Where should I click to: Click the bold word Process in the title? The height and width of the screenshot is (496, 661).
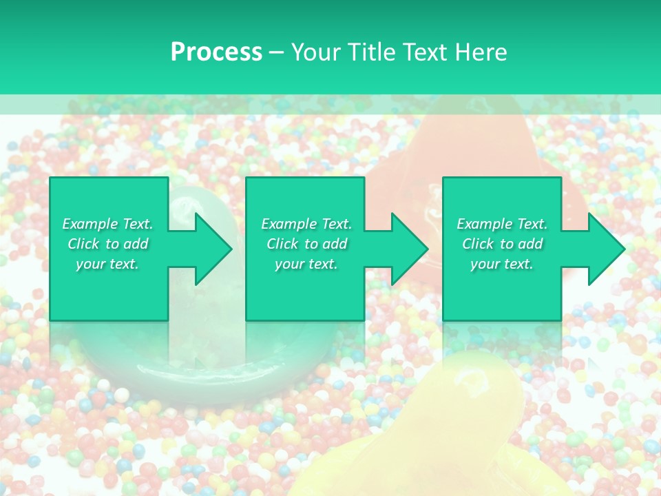tap(216, 52)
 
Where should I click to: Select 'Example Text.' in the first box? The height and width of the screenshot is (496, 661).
tap(107, 224)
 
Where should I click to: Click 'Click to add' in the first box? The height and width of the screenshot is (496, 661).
tap(107, 244)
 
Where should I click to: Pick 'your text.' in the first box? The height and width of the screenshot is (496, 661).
tap(107, 264)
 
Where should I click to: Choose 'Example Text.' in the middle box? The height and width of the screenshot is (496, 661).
tap(306, 224)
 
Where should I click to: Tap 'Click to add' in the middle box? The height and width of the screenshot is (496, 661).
tap(306, 244)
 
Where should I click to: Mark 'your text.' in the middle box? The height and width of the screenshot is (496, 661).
tap(306, 264)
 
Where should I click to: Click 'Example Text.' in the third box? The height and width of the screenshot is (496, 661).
tap(502, 224)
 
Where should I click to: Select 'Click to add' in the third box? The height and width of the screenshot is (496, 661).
tap(502, 244)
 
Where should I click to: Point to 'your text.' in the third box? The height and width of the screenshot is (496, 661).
tap(502, 264)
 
